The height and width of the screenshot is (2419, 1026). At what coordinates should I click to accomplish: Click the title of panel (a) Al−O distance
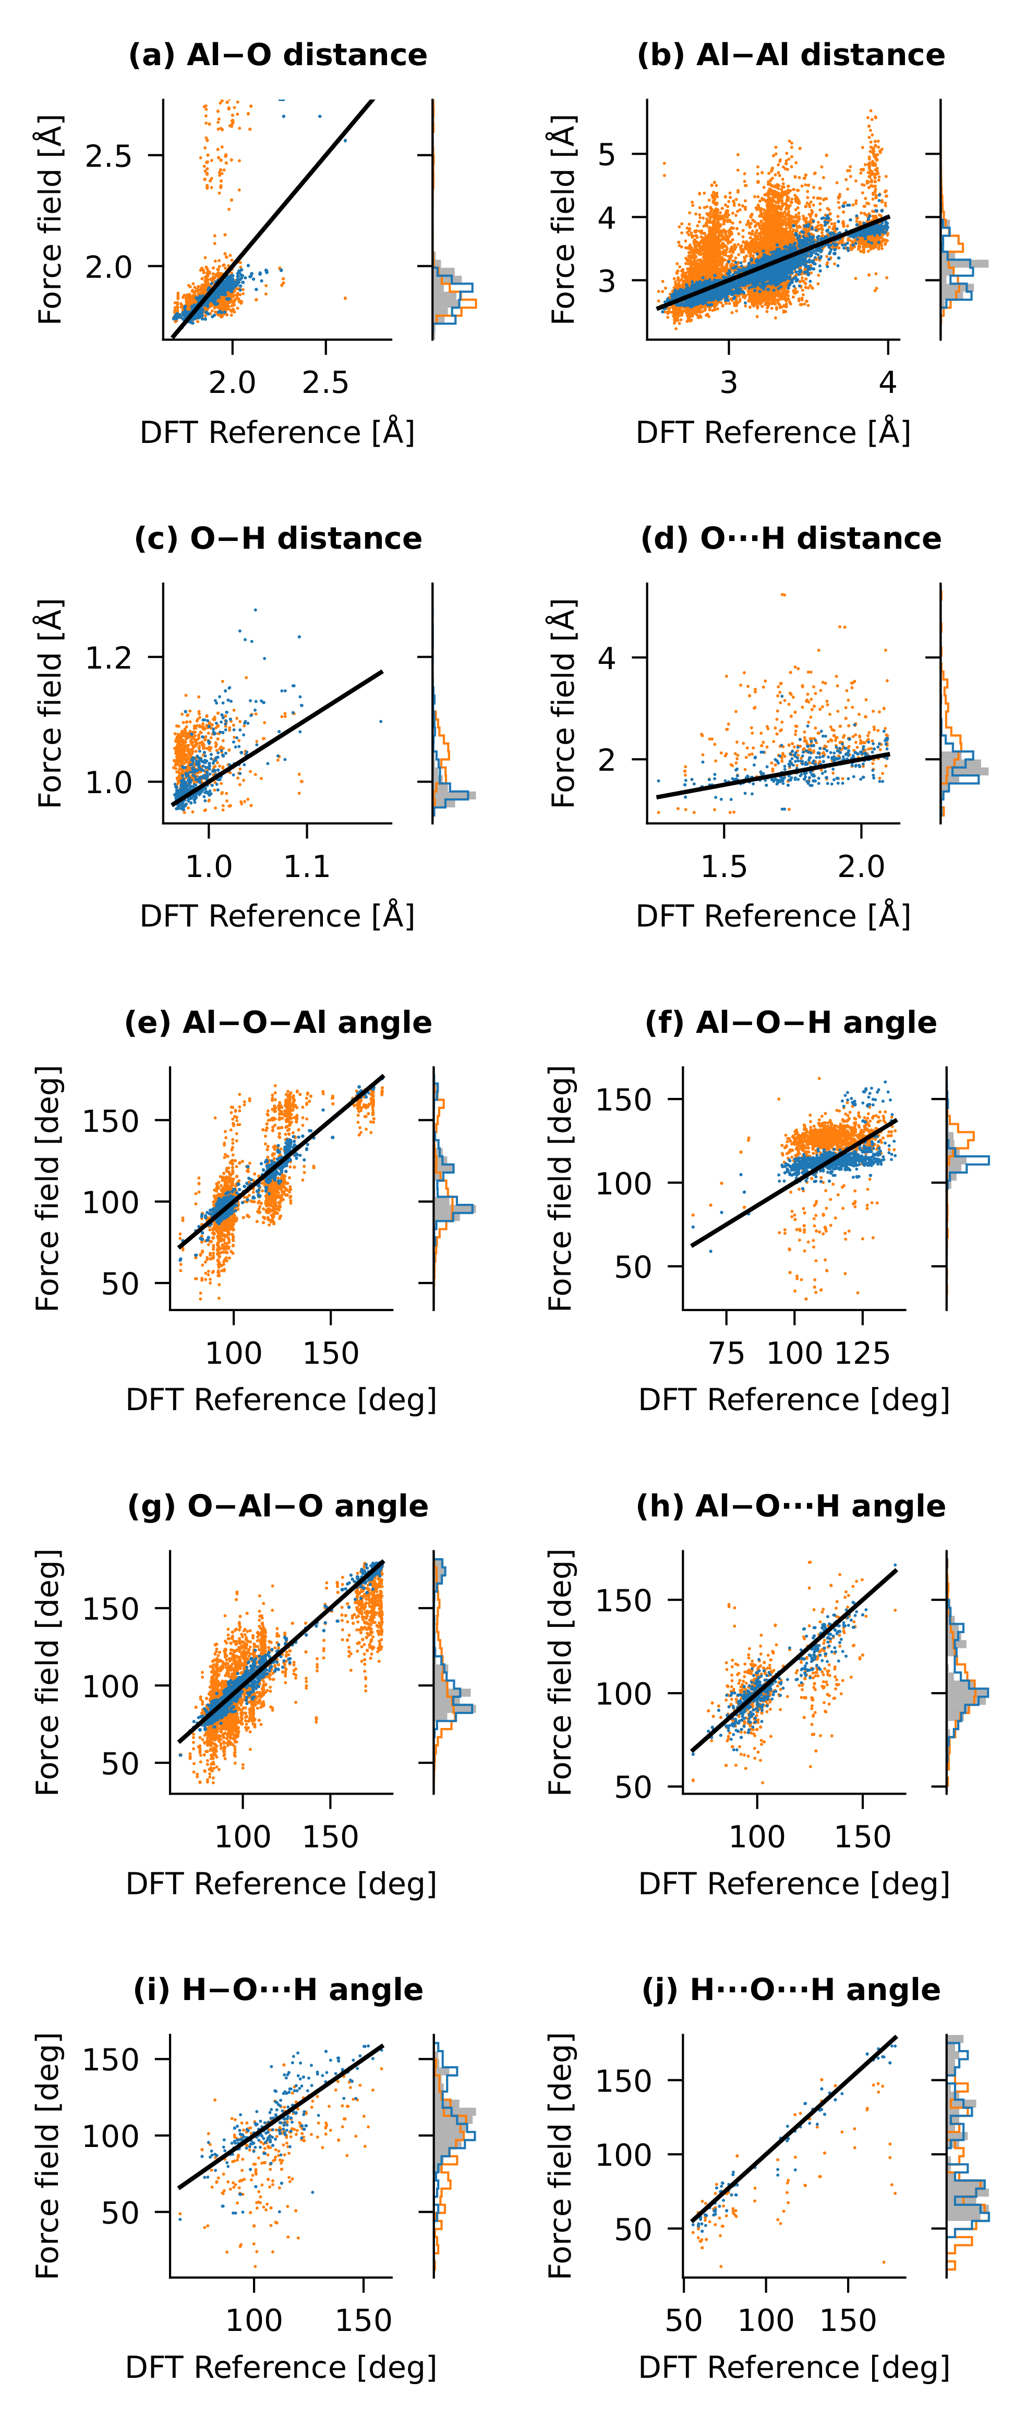point(278,55)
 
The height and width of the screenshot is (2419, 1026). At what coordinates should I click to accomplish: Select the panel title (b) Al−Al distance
point(791,55)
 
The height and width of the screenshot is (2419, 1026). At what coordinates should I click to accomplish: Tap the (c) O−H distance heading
point(278,539)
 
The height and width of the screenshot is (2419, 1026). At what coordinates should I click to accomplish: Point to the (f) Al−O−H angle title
point(791,1022)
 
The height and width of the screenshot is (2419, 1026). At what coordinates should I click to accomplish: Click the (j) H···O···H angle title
point(791,1990)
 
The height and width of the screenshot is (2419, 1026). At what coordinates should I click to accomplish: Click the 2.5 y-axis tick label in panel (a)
point(109,156)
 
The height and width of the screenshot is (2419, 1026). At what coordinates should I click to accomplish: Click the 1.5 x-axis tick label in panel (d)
point(723,866)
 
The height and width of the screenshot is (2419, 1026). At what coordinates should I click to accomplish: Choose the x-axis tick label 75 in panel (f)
point(726,1353)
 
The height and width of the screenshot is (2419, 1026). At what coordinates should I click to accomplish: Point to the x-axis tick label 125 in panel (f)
point(863,1353)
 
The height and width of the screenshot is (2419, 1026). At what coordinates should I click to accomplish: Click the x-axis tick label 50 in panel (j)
point(684,2321)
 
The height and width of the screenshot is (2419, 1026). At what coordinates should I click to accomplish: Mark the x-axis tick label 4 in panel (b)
point(888,382)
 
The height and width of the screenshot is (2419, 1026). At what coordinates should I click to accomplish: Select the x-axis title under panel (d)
point(773,916)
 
